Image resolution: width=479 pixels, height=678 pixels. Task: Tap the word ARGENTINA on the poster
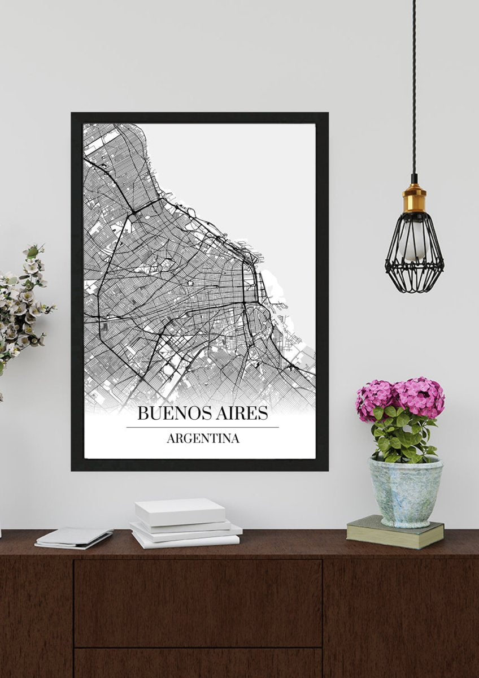click(x=203, y=438)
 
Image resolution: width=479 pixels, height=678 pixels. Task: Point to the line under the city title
click(x=202, y=427)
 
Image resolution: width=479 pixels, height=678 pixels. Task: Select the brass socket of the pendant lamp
click(x=414, y=198)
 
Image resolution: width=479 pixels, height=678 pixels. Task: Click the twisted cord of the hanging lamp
click(x=413, y=85)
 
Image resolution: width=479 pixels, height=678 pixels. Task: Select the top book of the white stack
click(x=180, y=511)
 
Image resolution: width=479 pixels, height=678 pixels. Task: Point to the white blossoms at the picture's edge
click(x=23, y=305)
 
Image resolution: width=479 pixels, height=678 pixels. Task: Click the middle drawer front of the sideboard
click(x=198, y=602)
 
